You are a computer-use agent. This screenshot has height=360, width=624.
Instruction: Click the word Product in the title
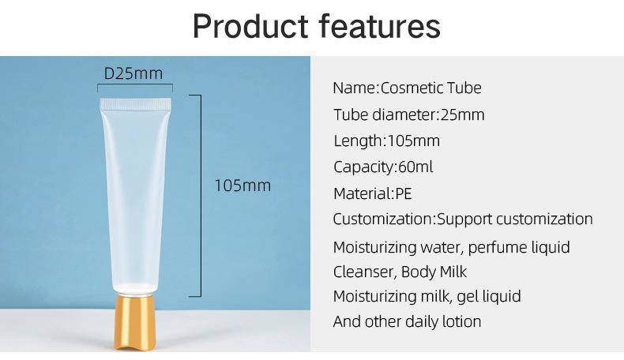point(250,26)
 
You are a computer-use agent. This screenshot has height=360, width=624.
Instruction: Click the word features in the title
point(380,26)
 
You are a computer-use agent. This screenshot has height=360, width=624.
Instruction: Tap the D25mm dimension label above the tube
point(133,73)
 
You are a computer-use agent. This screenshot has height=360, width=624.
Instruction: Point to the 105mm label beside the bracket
point(242,186)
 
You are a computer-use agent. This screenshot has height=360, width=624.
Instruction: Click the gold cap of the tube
point(134,322)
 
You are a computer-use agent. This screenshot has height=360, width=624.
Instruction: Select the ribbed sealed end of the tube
point(135,104)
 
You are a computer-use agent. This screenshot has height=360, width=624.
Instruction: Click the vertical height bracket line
point(200,196)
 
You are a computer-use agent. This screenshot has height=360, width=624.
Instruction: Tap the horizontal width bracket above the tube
point(135,85)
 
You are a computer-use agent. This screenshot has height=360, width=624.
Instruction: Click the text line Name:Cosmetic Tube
point(407,88)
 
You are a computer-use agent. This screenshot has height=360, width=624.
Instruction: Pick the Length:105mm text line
point(386,141)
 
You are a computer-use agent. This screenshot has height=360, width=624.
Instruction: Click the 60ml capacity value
point(415,167)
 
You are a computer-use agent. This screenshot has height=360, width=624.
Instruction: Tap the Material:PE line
point(373,193)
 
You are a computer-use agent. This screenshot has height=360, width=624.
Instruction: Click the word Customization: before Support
point(385,219)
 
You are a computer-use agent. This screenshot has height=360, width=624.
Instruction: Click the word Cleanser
point(363,272)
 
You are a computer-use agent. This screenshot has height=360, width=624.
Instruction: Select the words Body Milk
point(434,272)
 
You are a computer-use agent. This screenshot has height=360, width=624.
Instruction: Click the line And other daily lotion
point(407,321)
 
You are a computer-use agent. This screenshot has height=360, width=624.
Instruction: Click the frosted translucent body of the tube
point(135,199)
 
